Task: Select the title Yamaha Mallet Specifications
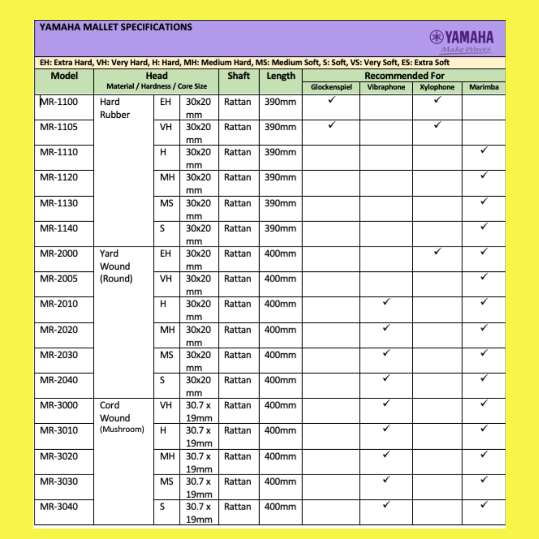tap(115, 27)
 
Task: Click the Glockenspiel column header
tap(331, 87)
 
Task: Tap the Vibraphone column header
tap(386, 87)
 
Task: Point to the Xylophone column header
tap(437, 87)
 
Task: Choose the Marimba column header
tap(484, 87)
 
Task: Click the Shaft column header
tap(239, 76)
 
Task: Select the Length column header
tap(280, 76)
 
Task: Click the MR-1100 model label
tap(59, 102)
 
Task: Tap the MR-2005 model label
tap(59, 278)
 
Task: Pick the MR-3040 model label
tap(59, 507)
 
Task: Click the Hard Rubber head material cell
tap(114, 108)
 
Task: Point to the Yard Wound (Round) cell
tap(115, 266)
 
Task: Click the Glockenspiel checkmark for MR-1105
tap(331, 125)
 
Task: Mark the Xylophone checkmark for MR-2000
tap(437, 252)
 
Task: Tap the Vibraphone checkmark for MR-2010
tap(386, 302)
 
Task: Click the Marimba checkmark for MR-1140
tap(484, 226)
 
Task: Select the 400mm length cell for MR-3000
tap(280, 405)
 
